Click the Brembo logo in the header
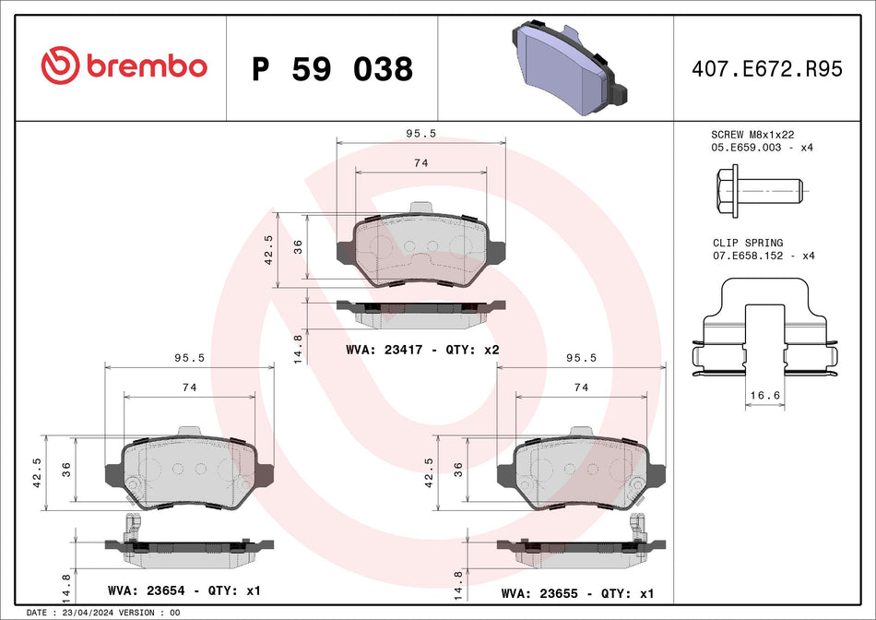tap(124, 66)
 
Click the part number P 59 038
tap(332, 69)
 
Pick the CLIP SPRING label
tap(748, 243)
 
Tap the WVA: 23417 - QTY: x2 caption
tap(422, 350)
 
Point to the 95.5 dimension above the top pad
tap(421, 133)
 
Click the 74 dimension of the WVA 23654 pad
tap(189, 387)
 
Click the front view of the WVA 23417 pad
tap(421, 250)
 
